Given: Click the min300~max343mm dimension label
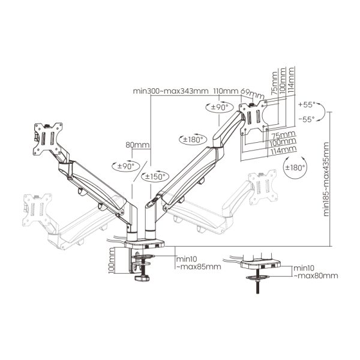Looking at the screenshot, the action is pos(170,91).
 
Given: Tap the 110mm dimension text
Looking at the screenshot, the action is pos(226,91).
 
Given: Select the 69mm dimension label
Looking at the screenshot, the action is pos(253,94).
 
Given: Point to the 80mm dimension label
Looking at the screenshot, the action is pos(137,145).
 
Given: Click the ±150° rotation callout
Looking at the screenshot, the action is pos(155,176).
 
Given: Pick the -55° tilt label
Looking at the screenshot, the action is pos(307,119).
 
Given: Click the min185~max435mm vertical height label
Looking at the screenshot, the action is pos(326,179).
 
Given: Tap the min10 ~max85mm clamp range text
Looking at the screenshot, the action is pos(199,263).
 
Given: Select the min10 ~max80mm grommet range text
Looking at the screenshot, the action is pos(316,272).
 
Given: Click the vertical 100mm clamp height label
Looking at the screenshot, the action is pos(112,260).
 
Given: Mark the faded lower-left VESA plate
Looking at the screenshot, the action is pos(37,210).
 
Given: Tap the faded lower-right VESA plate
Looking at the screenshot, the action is pos(263,187).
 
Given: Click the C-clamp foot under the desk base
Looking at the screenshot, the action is pos(142,278).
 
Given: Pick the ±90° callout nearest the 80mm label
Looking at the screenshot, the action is pos(126,166).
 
